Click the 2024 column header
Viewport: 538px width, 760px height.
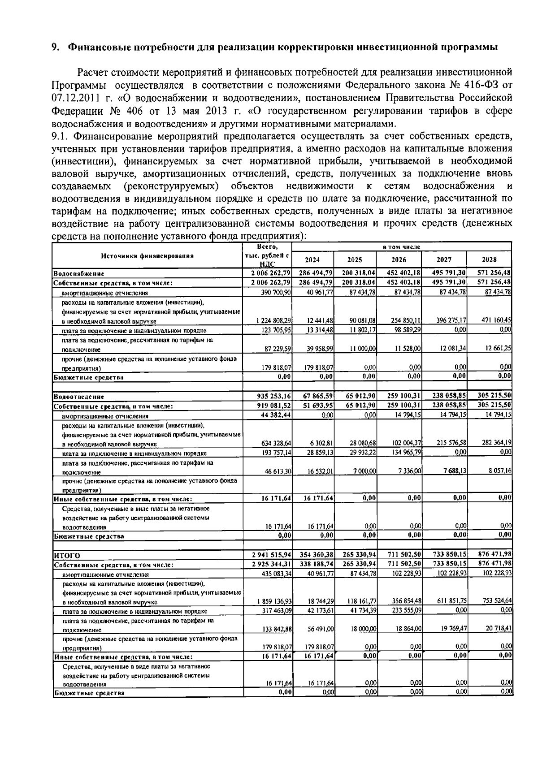[x=312, y=259]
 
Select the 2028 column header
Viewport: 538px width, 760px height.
[x=489, y=259]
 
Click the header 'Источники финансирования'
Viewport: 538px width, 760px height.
[x=147, y=256]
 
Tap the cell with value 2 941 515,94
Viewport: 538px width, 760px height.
[x=272, y=556]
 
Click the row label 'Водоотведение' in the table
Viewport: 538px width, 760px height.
[x=78, y=397]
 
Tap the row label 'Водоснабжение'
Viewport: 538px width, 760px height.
[x=78, y=273]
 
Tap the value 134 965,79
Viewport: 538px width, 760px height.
[x=405, y=453]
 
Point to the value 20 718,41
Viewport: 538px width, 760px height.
[x=498, y=629]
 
